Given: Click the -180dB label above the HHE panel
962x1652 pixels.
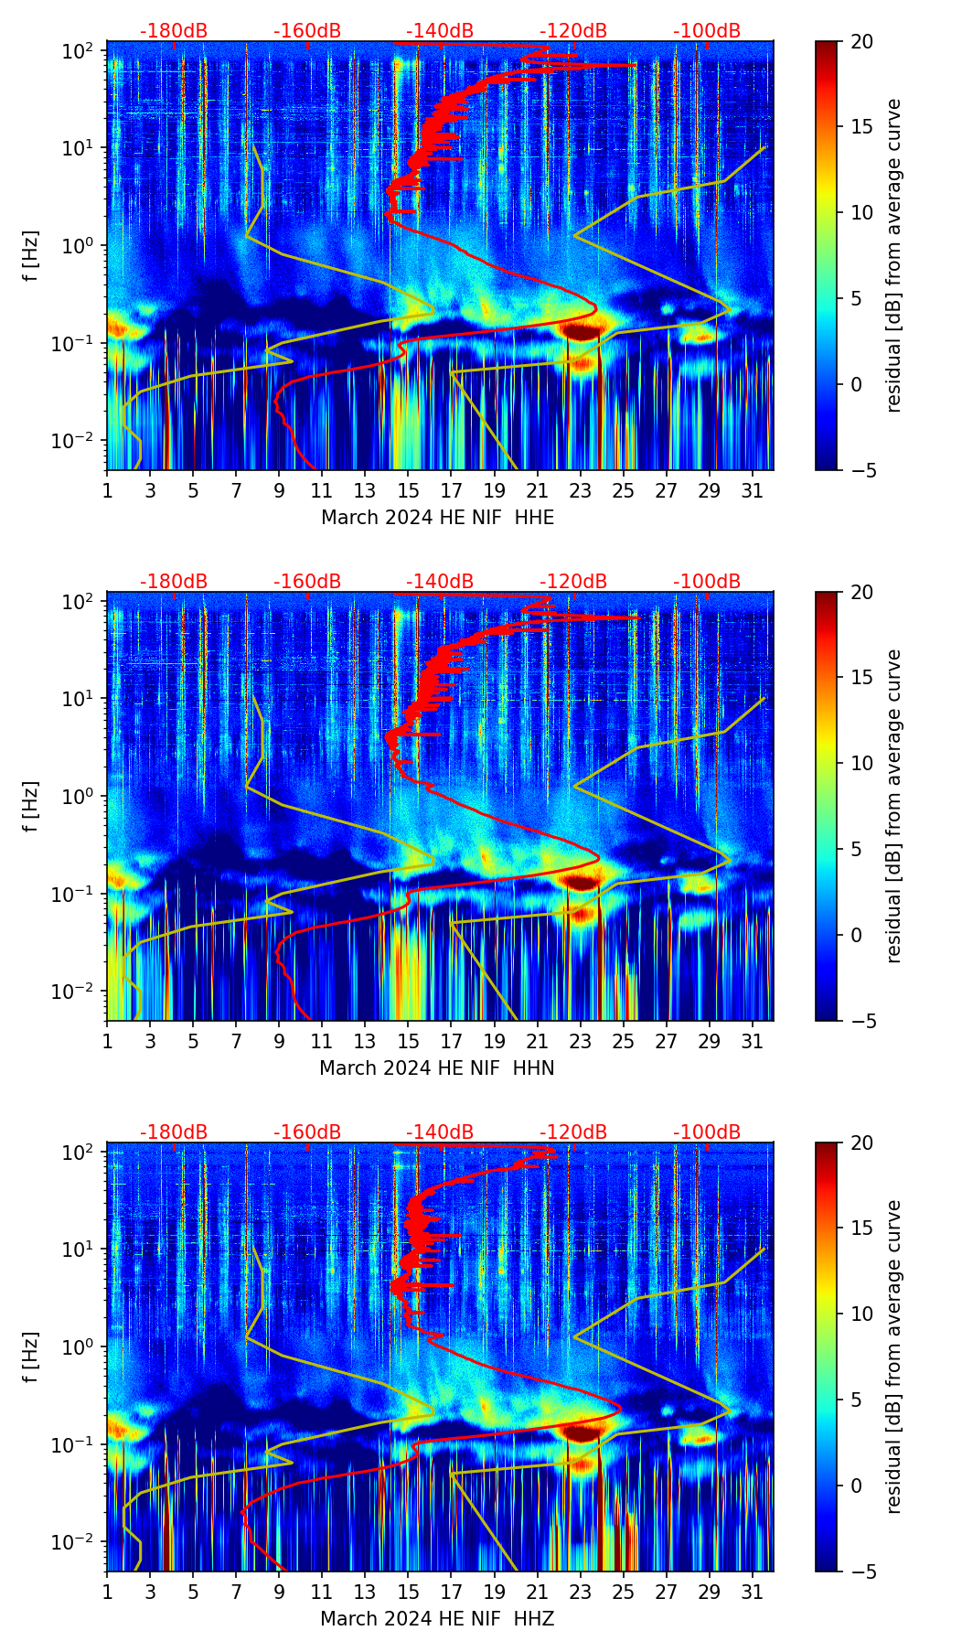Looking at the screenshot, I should point(174,31).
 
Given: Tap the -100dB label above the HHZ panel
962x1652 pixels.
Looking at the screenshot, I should point(707,1132).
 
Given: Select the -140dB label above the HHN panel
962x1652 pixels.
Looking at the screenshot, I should point(440,582).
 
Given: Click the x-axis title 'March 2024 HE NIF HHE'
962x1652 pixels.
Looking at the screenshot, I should point(437,518).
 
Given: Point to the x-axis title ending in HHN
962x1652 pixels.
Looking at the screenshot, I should point(437,1068).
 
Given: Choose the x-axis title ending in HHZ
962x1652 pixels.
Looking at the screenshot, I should point(437,1619).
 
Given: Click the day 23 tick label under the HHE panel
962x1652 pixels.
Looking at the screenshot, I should point(580,490).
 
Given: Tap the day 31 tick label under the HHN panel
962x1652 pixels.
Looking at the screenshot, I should point(752,1041).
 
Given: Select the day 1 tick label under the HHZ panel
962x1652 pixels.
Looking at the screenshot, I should point(107,1592).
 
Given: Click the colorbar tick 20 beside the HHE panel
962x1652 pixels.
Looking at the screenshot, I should point(862,41).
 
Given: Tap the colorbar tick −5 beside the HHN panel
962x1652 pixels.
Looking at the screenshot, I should point(862,1021).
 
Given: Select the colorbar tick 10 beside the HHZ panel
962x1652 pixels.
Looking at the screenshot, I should point(862,1314).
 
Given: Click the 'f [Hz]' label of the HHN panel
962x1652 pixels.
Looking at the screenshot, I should point(32,806).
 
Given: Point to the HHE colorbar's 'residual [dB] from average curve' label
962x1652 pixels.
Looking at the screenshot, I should point(893,255).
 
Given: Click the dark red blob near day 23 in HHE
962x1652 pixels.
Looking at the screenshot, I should point(582,330).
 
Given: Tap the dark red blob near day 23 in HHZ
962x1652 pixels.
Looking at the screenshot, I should point(582,1432).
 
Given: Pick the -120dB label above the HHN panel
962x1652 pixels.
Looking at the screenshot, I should point(573,582).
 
